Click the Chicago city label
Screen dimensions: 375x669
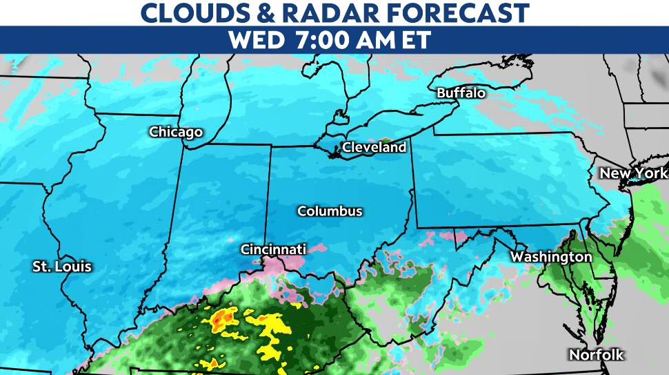coord(176,132)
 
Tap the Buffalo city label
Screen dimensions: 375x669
coord(461,93)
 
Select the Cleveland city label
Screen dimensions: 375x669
coord(374,147)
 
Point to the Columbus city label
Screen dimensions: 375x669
coord(330,211)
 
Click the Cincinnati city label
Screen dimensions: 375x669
coord(273,249)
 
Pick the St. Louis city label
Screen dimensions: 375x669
coord(62,267)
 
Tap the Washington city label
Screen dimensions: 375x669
coord(551,257)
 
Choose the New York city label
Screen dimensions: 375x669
coord(633,173)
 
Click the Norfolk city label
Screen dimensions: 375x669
coord(596,355)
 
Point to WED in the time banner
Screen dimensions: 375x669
coord(256,39)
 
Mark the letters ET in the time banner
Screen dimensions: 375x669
coord(415,39)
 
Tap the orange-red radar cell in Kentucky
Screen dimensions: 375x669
coord(223,318)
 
